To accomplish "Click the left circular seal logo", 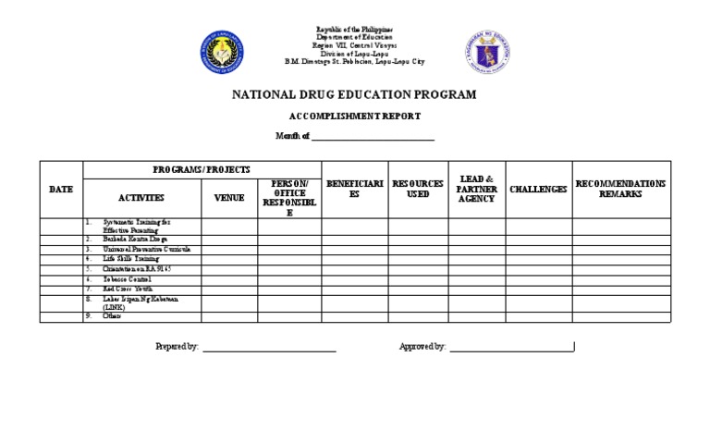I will point(222,53).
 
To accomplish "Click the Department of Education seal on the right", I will point(487,53).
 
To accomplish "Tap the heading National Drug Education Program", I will point(354,94).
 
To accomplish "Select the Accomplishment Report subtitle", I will point(354,117).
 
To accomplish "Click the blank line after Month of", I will point(373,138).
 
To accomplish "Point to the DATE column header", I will point(61,190).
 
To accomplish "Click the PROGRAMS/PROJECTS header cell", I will point(202,170).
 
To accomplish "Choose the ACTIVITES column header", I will point(141,198).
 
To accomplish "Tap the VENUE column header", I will point(229,198).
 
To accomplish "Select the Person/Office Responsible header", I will point(289,198).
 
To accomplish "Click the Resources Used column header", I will point(418,190).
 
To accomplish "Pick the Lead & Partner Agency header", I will point(477,190).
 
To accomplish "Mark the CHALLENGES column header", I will point(538,190).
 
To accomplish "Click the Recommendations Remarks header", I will point(620,190).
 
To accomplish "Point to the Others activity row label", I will point(112,316).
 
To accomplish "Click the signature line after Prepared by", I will point(269,348).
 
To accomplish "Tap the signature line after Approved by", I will point(511,348).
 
